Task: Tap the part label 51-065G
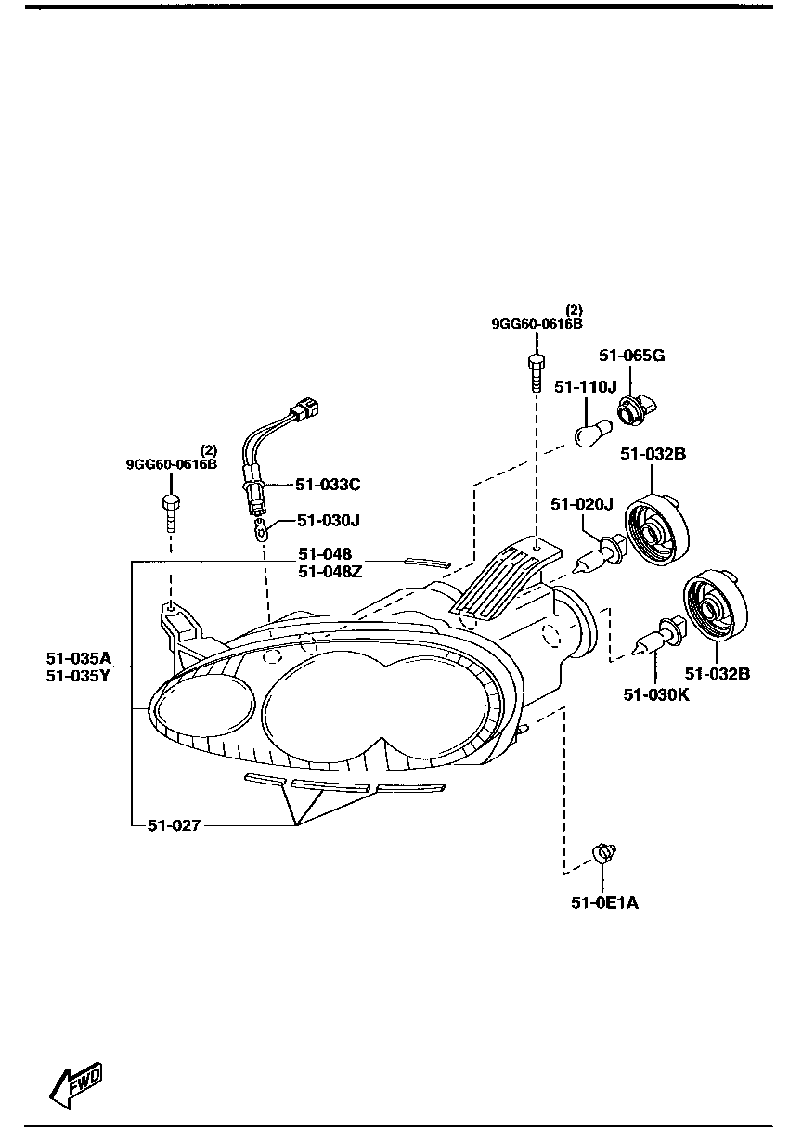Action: pyautogui.click(x=631, y=356)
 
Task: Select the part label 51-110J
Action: pyautogui.click(x=585, y=387)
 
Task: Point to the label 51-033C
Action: pyautogui.click(x=328, y=485)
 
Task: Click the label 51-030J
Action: pyautogui.click(x=328, y=520)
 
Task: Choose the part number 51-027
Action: pyautogui.click(x=174, y=825)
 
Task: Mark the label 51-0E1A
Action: pyautogui.click(x=604, y=902)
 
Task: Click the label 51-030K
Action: pyautogui.click(x=656, y=694)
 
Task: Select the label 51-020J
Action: pyautogui.click(x=582, y=504)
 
